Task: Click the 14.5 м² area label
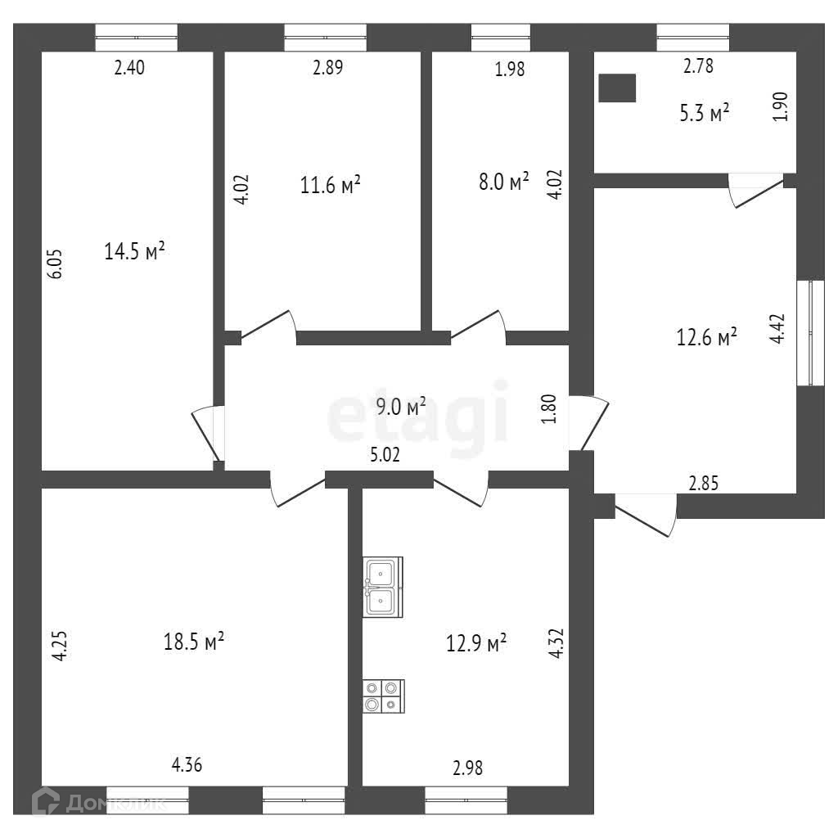click(135, 251)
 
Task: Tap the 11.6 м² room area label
click(331, 186)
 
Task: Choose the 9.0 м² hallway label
click(401, 406)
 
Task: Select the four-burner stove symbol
click(384, 696)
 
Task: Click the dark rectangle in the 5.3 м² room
click(617, 88)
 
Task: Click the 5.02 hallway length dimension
click(385, 456)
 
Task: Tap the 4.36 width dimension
click(187, 766)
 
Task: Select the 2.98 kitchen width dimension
click(467, 768)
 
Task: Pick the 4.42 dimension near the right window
click(779, 331)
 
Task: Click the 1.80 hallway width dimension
click(550, 409)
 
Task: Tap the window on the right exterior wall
click(810, 332)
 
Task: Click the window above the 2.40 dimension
click(136, 38)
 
